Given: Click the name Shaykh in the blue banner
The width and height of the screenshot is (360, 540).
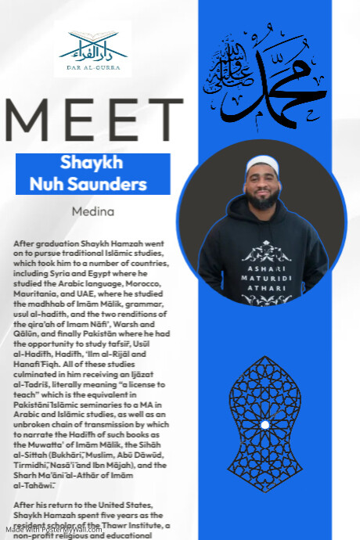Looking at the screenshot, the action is [x=92, y=164].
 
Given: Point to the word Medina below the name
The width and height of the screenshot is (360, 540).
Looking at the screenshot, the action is [x=93, y=211].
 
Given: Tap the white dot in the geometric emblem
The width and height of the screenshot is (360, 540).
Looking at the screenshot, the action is [x=265, y=424].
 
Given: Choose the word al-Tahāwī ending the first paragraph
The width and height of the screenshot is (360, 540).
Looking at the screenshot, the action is [x=34, y=484].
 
